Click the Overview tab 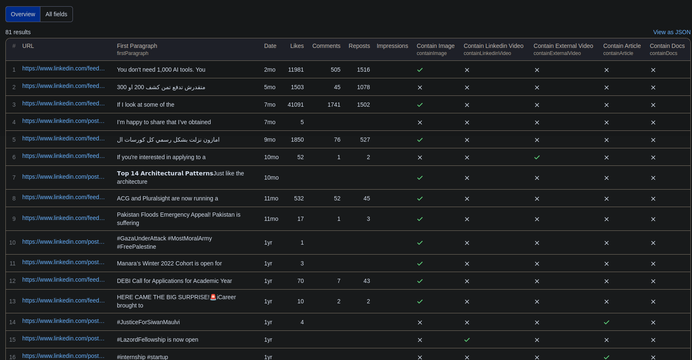point(23,14)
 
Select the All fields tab point(56,14)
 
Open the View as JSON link point(672,32)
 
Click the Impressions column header point(392,46)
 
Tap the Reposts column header point(359,46)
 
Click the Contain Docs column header point(667,46)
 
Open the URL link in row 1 point(63,68)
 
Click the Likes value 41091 point(295,105)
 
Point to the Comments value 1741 point(334,105)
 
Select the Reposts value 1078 point(363,87)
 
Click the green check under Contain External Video point(537,157)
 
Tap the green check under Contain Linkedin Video point(467,340)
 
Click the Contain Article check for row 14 point(607,322)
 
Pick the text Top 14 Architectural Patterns point(165,173)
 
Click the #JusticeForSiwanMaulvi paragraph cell point(148,322)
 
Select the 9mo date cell point(270,140)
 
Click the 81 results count point(18,32)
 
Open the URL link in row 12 point(63,280)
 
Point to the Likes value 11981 point(296,70)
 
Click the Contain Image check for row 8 point(420,198)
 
